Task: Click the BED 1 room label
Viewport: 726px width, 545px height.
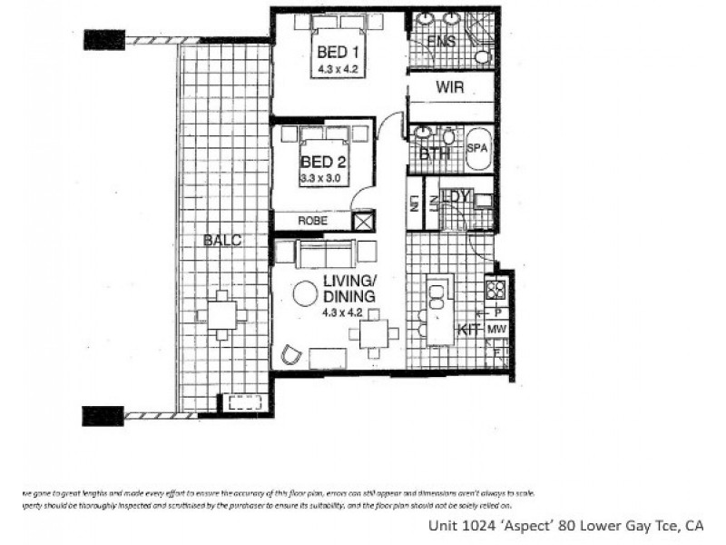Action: click(334, 54)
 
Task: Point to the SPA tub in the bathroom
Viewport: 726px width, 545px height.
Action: click(478, 149)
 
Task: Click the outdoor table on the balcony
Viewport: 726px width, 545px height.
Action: click(222, 316)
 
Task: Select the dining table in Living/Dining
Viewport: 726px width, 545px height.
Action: click(372, 335)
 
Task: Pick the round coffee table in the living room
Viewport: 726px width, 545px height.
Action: click(304, 294)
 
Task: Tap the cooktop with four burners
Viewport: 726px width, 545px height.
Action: click(496, 290)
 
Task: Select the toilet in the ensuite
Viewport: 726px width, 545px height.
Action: click(483, 56)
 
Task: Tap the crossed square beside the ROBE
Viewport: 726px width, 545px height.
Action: click(362, 221)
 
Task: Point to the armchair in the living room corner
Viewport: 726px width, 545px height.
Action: click(291, 354)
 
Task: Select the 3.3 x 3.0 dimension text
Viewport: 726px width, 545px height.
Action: click(324, 178)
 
